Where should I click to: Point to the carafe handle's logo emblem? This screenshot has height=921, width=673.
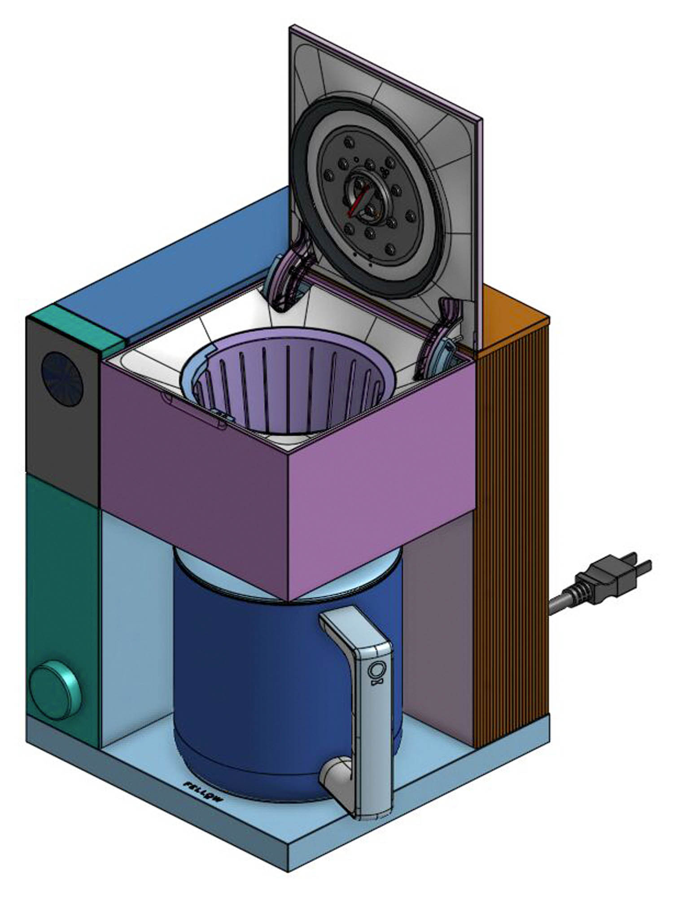(x=375, y=672)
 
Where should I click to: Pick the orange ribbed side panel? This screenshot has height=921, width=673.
(x=511, y=538)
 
